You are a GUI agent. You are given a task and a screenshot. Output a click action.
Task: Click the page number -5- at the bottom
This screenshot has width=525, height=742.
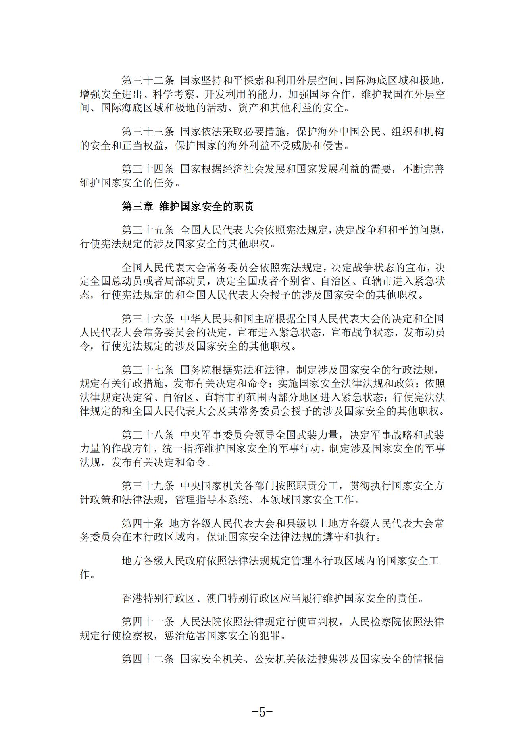pyautogui.click(x=262, y=712)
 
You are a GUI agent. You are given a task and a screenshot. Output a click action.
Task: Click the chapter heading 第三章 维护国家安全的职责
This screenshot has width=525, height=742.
pyautogui.click(x=188, y=207)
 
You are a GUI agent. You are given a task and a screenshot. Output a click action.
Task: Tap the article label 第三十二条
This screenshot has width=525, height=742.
pyautogui.click(x=148, y=81)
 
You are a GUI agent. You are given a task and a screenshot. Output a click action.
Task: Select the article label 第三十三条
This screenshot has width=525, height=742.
pyautogui.click(x=148, y=132)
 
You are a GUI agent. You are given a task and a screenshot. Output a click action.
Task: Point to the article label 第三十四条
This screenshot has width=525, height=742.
pyautogui.click(x=148, y=169)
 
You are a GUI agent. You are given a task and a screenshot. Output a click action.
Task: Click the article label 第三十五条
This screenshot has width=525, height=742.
pyautogui.click(x=148, y=230)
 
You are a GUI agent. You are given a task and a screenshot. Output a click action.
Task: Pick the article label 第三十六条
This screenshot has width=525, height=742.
pyautogui.click(x=148, y=318)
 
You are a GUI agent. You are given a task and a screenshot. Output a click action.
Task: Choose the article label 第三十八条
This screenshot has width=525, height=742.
pyautogui.click(x=148, y=435)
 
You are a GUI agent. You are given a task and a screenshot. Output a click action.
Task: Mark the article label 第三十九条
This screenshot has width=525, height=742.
pyautogui.click(x=148, y=486)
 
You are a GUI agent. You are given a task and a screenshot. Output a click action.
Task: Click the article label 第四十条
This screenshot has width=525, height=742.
pyautogui.click(x=142, y=523)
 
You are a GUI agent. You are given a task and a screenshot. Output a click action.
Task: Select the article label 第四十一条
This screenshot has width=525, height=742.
pyautogui.click(x=148, y=621)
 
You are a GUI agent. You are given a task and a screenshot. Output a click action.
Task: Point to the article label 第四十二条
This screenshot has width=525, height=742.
pyautogui.click(x=148, y=659)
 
